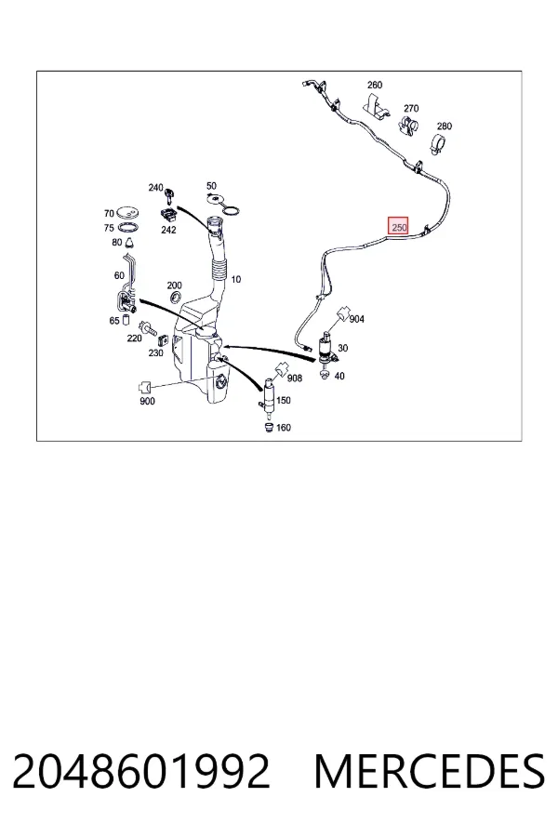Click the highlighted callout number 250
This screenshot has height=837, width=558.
[x=399, y=226]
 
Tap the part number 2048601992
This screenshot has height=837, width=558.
[x=141, y=771]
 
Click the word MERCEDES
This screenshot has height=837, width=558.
[x=430, y=771]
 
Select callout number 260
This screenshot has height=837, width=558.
[x=375, y=85]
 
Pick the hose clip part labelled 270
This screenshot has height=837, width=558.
[x=408, y=125]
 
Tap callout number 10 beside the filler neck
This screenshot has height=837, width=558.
[x=236, y=279]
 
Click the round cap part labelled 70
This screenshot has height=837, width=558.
[x=127, y=212]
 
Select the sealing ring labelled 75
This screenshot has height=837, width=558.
[x=128, y=228]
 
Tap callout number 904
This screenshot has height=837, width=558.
[x=357, y=319]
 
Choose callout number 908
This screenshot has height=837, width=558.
[x=295, y=378]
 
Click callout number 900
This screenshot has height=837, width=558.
[x=147, y=401]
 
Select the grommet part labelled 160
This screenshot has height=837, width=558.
[x=269, y=427]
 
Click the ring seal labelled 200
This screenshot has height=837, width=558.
[x=175, y=298]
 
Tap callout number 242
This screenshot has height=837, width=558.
[x=168, y=230]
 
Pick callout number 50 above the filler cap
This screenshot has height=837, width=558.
[x=211, y=186]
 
